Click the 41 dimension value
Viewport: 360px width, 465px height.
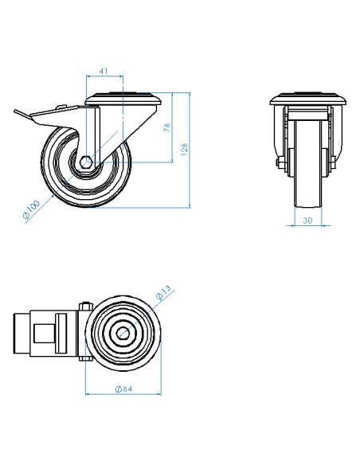(x=104, y=71)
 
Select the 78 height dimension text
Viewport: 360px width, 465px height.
(x=167, y=127)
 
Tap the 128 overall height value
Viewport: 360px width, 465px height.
(x=184, y=150)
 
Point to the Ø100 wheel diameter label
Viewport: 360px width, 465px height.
(x=31, y=209)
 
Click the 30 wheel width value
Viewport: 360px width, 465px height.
(x=307, y=221)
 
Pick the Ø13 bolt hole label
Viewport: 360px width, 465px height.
(x=163, y=293)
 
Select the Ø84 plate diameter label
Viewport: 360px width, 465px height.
(x=123, y=389)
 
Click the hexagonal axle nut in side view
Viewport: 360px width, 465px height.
(x=86, y=162)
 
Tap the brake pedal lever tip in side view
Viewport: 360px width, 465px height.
(x=15, y=111)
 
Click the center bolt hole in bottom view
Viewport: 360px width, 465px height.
(x=123, y=333)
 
